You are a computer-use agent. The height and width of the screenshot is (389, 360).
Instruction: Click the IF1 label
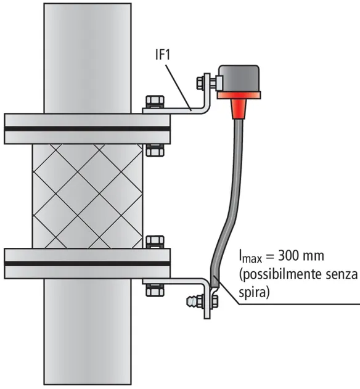[x=163, y=55]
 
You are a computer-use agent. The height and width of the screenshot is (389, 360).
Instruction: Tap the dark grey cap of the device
[x=239, y=78]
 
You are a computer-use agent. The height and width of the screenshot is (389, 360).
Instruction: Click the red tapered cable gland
[x=239, y=109]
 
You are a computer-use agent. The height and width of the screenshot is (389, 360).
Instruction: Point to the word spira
[x=253, y=293]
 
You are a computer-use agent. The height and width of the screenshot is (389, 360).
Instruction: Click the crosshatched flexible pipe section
[x=88, y=196]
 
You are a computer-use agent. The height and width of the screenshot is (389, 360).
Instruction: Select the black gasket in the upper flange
[x=87, y=129]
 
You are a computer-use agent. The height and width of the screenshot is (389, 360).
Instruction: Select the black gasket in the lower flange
[x=87, y=263]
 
